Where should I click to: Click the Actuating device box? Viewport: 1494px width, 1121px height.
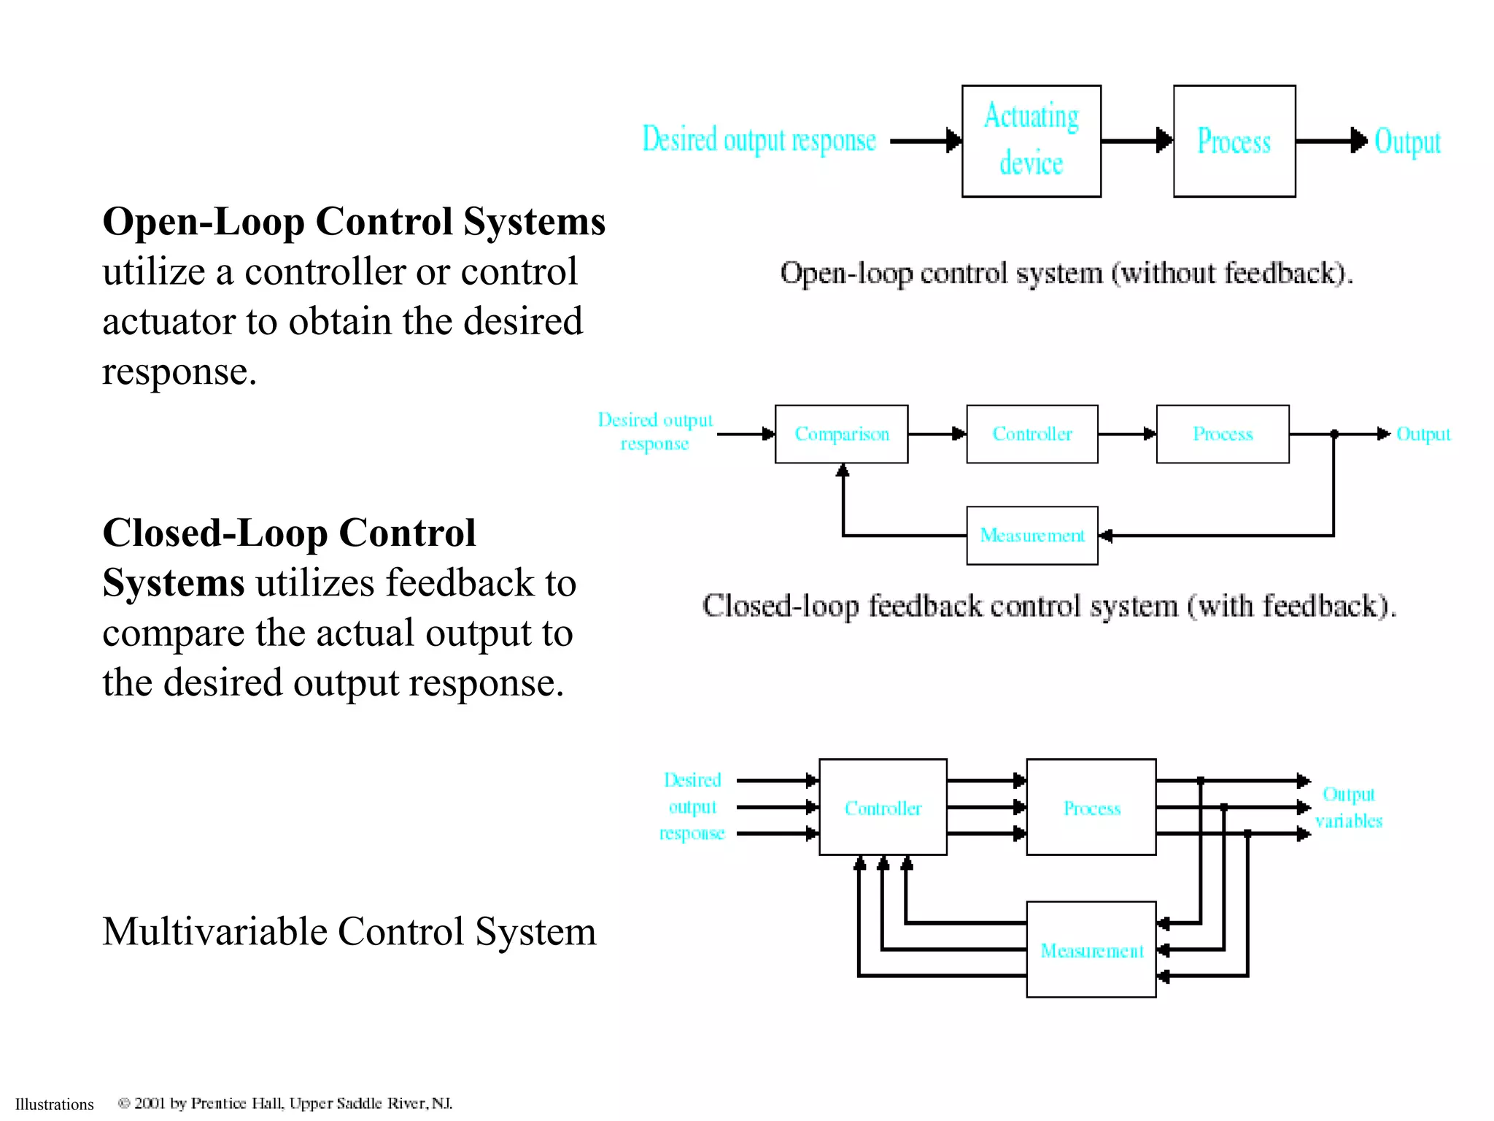1031,141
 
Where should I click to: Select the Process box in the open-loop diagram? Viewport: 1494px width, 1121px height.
1234,141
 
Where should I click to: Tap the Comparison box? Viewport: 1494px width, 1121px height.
841,434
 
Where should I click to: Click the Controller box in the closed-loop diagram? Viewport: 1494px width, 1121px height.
1032,434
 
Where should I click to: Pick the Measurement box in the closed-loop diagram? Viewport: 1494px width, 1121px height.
1032,536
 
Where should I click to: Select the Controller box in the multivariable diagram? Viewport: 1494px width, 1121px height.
883,807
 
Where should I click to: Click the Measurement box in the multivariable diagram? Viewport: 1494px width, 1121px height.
1091,949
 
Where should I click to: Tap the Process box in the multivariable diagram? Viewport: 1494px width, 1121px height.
1091,807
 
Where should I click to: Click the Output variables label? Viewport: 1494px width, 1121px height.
1348,807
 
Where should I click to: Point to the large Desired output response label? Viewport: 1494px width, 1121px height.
759,140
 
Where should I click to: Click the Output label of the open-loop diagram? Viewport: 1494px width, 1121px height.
1407,142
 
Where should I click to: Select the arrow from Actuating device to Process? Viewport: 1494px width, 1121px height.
1137,140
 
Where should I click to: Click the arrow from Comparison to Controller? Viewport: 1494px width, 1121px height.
937,434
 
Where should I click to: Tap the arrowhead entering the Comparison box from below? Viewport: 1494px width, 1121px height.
843,471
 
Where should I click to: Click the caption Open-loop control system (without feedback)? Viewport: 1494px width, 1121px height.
1066,274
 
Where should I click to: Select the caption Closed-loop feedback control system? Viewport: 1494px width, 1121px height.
1049,606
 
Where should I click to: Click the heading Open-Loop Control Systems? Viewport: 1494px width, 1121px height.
354,222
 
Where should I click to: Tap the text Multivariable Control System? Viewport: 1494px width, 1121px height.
349,932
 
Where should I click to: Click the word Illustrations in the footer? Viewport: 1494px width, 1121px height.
55,1104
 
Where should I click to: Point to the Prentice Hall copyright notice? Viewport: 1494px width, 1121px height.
285,1103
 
